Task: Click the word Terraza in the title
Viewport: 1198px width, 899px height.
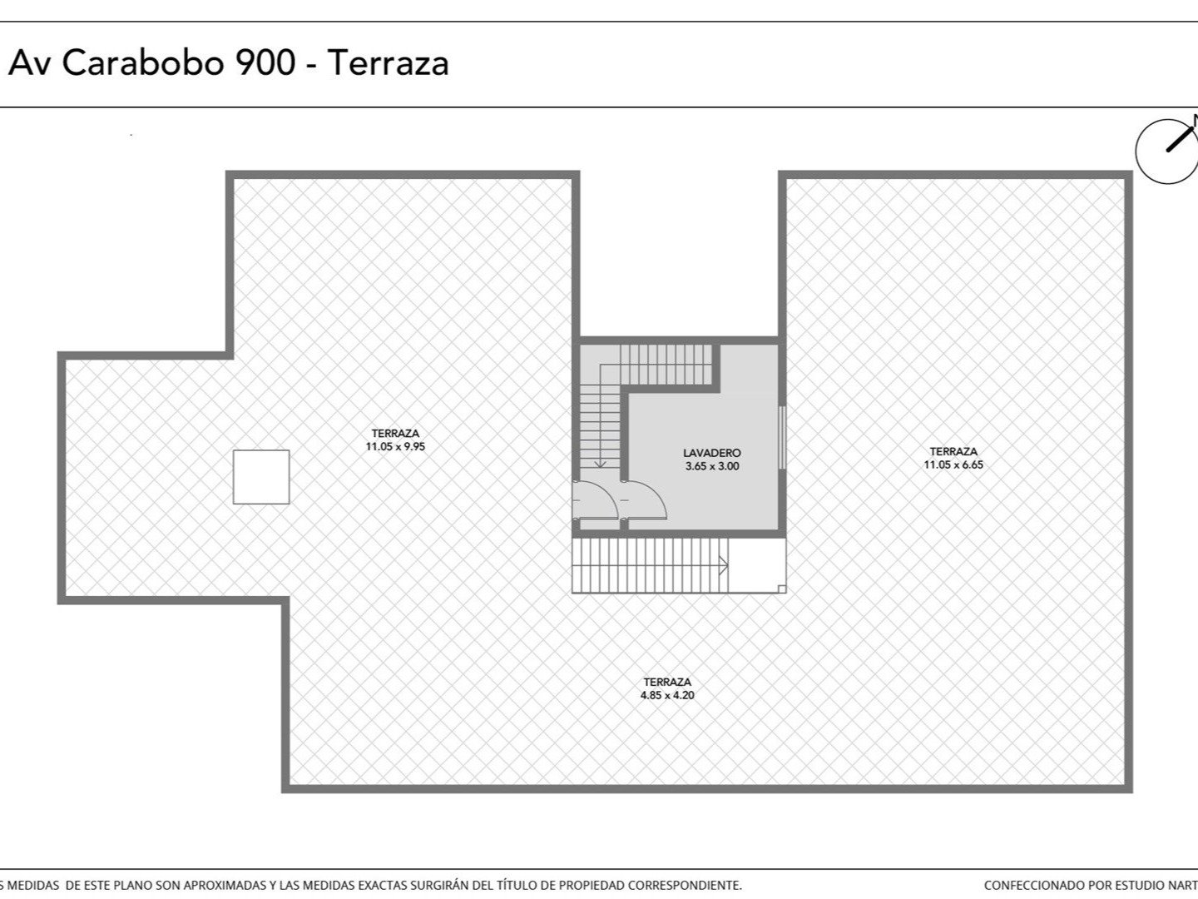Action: [388, 62]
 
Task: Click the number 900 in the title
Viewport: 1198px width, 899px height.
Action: [265, 62]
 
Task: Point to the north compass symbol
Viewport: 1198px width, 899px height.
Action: [1168, 151]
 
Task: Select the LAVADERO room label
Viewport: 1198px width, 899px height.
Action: [711, 453]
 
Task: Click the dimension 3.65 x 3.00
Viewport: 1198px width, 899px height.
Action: [712, 466]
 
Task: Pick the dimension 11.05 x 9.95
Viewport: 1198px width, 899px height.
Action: [395, 446]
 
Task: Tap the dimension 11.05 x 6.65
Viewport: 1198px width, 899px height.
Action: [953, 464]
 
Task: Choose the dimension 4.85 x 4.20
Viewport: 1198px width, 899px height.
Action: [667, 695]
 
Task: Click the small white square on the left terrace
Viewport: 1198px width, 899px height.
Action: [261, 476]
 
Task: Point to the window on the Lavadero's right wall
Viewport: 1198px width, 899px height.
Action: [782, 437]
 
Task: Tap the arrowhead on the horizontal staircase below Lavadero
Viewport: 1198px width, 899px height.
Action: [725, 565]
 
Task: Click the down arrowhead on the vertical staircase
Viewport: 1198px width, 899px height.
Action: [601, 464]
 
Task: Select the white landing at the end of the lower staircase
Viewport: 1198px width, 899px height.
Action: [757, 565]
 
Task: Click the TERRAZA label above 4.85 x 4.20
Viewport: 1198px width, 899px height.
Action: [667, 682]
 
